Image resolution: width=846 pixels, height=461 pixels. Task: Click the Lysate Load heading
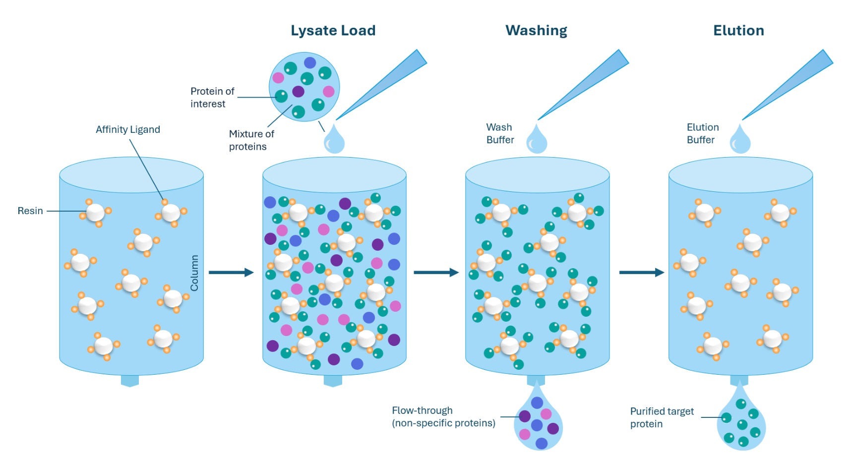pyautogui.click(x=333, y=31)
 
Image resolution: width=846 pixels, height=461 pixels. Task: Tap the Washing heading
pyautogui.click(x=536, y=31)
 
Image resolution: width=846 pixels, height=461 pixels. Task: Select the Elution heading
pyautogui.click(x=738, y=31)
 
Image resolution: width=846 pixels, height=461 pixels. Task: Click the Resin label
pyautogui.click(x=30, y=211)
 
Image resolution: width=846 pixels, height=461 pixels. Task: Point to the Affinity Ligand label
pyautogui.click(x=128, y=129)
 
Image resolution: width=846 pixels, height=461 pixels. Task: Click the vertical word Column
pyautogui.click(x=194, y=273)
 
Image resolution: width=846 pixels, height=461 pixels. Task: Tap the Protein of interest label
pyautogui.click(x=212, y=97)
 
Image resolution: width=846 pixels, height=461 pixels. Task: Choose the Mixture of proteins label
pyautogui.click(x=251, y=140)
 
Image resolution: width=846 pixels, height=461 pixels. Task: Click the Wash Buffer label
pyautogui.click(x=500, y=133)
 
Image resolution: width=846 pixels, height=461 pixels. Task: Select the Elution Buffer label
pyautogui.click(x=702, y=133)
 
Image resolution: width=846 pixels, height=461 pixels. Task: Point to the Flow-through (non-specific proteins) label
pyautogui.click(x=443, y=416)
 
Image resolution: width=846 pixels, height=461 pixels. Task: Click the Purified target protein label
pyautogui.click(x=662, y=417)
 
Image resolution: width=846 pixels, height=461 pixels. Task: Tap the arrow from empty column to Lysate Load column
pyautogui.click(x=231, y=272)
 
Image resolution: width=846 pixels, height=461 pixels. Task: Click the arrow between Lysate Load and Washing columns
pyautogui.click(x=436, y=272)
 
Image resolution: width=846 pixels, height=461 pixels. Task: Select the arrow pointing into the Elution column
pyautogui.click(x=641, y=272)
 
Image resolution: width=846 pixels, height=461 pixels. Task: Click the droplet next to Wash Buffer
pyautogui.click(x=537, y=140)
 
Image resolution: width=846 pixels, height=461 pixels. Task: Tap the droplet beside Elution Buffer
pyautogui.click(x=740, y=140)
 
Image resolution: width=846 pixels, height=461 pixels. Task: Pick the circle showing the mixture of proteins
pyautogui.click(x=304, y=87)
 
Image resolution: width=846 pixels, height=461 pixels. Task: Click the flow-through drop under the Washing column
pyautogui.click(x=538, y=421)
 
